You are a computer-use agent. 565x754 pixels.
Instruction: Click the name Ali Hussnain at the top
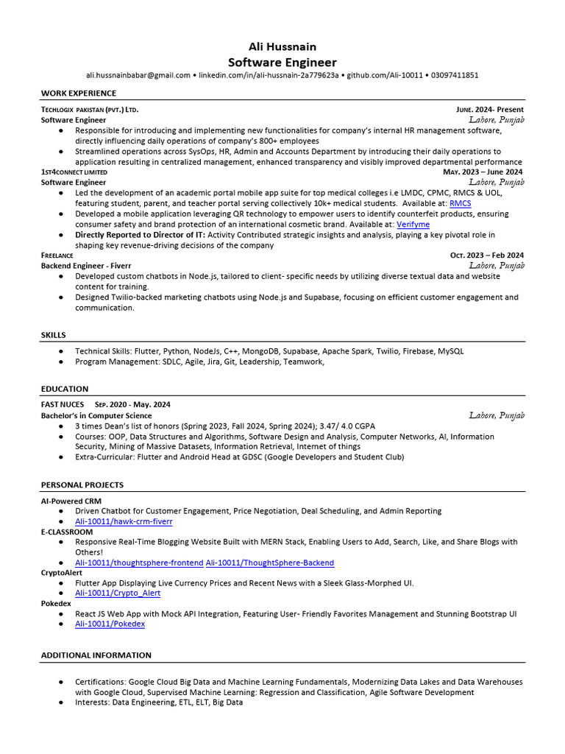point(282,46)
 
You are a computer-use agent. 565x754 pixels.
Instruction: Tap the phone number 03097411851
point(454,75)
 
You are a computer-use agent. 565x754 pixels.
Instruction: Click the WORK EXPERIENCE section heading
point(78,94)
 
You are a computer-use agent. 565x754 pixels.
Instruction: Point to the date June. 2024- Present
point(490,110)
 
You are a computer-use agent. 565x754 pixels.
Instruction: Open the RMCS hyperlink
point(461,203)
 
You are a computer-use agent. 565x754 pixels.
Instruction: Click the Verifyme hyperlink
point(413,224)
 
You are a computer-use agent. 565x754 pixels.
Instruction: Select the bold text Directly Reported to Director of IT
point(140,235)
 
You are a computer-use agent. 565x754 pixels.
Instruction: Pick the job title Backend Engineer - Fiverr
point(86,266)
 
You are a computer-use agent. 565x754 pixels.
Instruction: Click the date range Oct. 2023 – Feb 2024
point(487,256)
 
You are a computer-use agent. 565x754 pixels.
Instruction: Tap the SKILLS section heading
point(54,335)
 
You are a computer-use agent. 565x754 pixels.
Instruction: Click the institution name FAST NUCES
point(63,405)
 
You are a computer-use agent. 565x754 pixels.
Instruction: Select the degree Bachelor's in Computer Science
point(96,416)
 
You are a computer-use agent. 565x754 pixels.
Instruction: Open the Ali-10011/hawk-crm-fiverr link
point(124,521)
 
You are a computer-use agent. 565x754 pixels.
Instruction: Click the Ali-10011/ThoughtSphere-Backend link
point(269,563)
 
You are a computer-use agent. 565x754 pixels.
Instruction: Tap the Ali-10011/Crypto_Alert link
point(118,593)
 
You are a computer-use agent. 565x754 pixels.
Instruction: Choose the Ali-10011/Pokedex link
point(110,624)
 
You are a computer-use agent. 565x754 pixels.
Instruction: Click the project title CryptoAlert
point(61,573)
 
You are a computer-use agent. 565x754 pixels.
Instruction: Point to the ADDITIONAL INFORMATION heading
point(96,655)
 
